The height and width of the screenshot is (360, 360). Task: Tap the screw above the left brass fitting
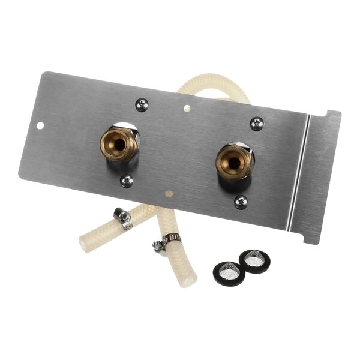[x=142, y=104]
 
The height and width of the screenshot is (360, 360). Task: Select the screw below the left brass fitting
[x=127, y=181]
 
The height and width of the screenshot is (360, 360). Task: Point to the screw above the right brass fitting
[x=256, y=124]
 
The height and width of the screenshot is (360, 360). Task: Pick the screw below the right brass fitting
[x=241, y=202]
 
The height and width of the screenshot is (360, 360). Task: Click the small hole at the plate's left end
[x=40, y=126]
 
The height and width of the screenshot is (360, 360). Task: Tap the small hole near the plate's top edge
[x=187, y=109]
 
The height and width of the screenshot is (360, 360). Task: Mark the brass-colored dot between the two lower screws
[x=169, y=194]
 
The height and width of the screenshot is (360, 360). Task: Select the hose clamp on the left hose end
[x=124, y=219]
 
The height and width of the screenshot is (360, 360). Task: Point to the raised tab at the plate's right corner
[x=332, y=114]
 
